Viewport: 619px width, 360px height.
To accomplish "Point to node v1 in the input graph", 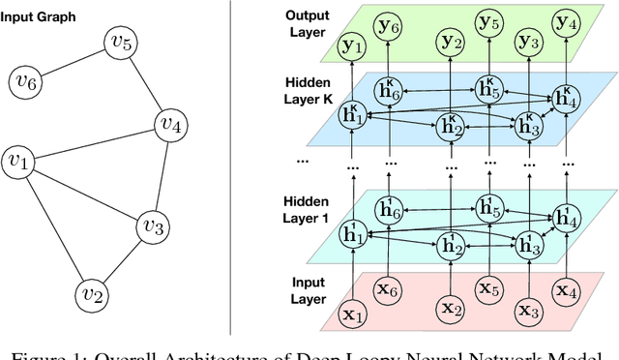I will [x=19, y=161].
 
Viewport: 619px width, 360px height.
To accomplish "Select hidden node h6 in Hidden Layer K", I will [x=389, y=90].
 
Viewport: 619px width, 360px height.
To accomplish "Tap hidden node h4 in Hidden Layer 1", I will [x=565, y=219].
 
